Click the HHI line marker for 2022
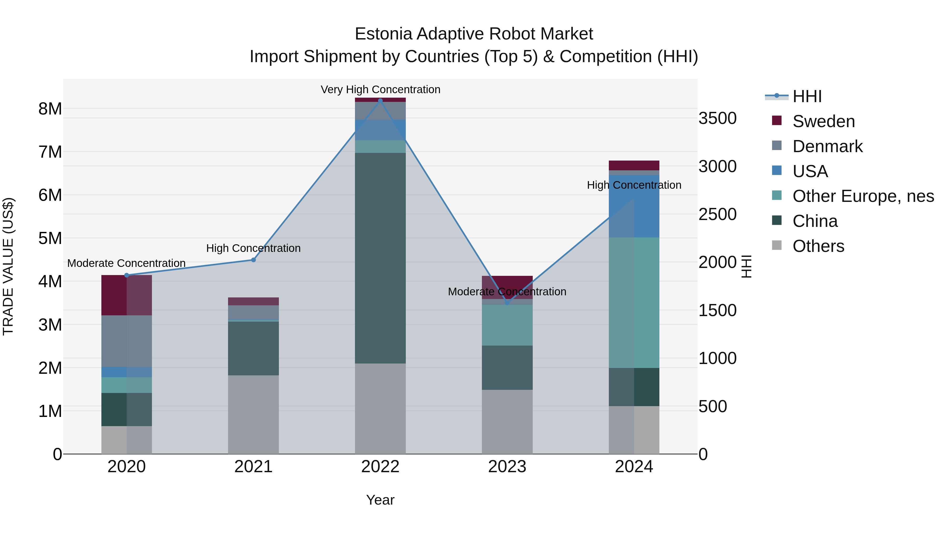click(x=380, y=101)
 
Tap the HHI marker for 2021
click(x=253, y=260)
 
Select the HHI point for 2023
click(x=507, y=303)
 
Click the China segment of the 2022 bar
click(x=380, y=257)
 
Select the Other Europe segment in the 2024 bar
click(x=634, y=302)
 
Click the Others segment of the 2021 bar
click(x=253, y=414)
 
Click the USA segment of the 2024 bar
click(x=634, y=206)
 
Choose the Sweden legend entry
click(x=823, y=121)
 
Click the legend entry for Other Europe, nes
click(x=863, y=196)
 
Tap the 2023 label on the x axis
click(x=507, y=467)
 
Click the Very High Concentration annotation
click(x=380, y=89)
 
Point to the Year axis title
click(x=380, y=500)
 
